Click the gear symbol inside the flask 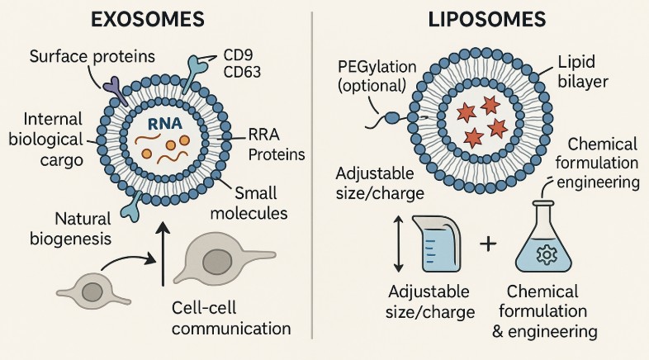(545, 254)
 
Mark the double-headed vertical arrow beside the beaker (399, 244)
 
